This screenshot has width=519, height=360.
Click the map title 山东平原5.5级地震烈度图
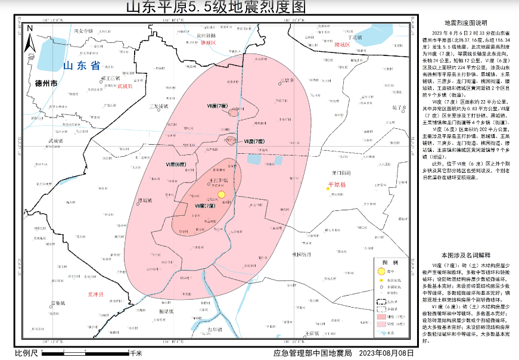point(215,7)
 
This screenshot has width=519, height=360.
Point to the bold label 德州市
point(46,83)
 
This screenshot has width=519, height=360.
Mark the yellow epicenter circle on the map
point(221,194)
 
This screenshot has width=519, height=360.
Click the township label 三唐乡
point(288,80)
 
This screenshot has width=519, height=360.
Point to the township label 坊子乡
point(399,108)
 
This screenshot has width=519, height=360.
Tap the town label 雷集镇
point(60,303)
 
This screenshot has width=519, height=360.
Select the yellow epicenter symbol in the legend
point(381,271)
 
